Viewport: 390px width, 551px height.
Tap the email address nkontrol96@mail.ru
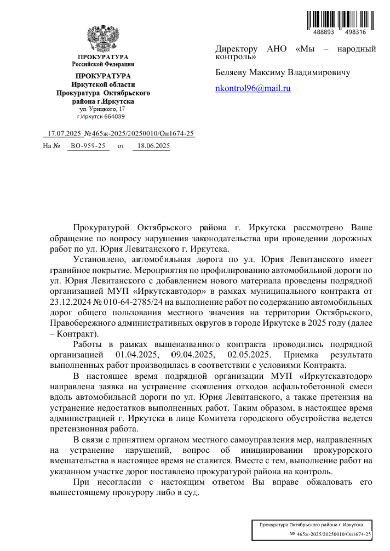(253, 88)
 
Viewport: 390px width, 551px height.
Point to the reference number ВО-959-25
(88, 146)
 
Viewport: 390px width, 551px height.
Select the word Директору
(236, 49)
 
